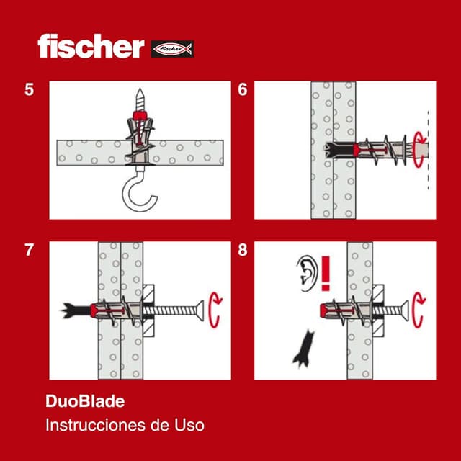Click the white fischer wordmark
coord(91,47)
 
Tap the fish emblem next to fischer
coord(172,49)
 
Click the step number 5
coord(29,90)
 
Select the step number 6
coord(243,90)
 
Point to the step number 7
coord(29,251)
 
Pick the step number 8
coord(243,251)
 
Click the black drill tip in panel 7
coord(74,311)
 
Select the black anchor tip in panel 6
coord(336,151)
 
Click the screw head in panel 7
coord(196,311)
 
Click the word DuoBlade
coord(79,401)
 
